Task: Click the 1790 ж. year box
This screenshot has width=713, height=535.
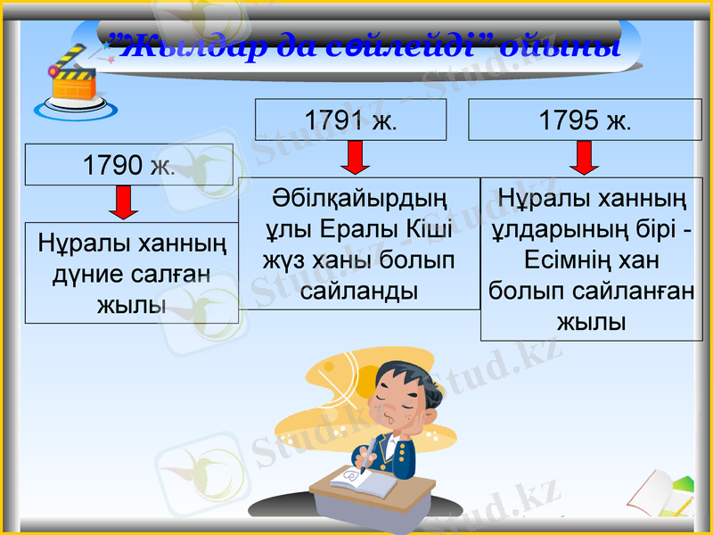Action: click(x=128, y=165)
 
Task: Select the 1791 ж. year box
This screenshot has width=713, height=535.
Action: click(x=350, y=119)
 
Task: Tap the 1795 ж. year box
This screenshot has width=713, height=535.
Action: click(x=585, y=119)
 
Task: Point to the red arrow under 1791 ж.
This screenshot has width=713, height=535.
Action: click(x=355, y=158)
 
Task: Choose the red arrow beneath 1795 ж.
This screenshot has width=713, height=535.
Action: click(x=585, y=157)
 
